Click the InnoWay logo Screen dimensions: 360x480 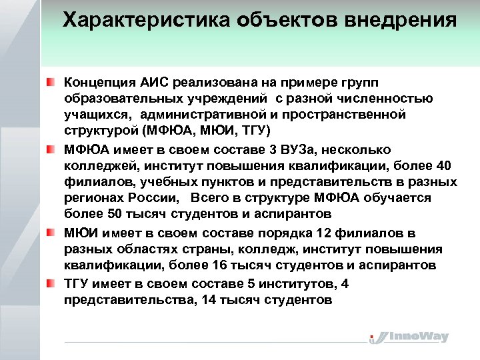tap(409, 337)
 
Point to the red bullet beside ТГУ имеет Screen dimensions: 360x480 tap(51, 283)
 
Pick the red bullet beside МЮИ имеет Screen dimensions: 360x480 tap(51, 232)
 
